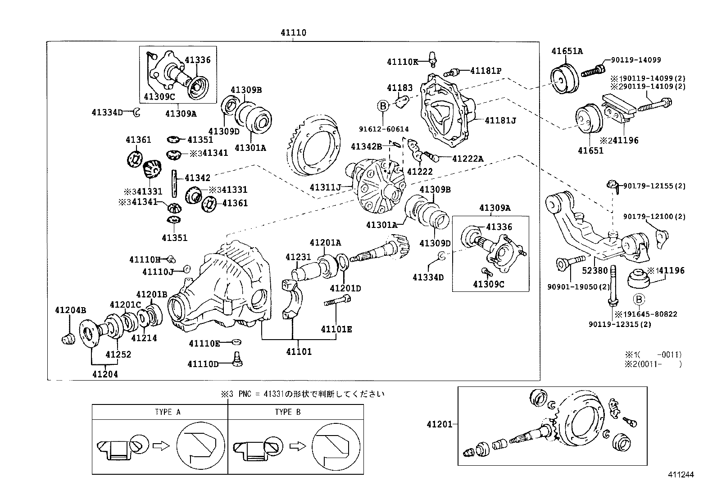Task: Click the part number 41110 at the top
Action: pos(293,33)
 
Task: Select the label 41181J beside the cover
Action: pos(500,120)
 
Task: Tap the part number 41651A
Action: pos(567,51)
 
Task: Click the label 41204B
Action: pos(70,310)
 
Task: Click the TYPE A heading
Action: pos(167,412)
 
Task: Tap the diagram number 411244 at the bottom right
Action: pos(681,475)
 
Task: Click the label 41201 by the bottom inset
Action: pos(440,424)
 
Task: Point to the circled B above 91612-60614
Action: pos(382,106)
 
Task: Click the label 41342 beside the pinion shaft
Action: pos(197,178)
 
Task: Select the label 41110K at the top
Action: pos(402,62)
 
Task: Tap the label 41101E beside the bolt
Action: pos(336,329)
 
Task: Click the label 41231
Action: pos(298,257)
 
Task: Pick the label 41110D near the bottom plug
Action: pos(203,364)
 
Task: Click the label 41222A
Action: pos(467,159)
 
